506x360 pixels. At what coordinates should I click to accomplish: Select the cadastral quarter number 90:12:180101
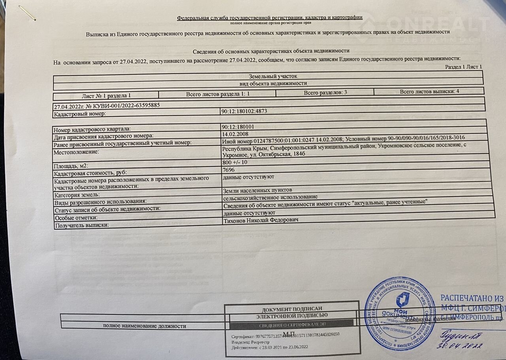pyautogui.click(x=240, y=127)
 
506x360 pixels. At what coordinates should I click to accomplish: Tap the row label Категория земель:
pyautogui.click(x=77, y=195)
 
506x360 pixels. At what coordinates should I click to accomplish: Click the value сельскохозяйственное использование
pyautogui.click(x=270, y=197)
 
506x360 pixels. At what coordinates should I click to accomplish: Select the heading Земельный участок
pyautogui.click(x=270, y=76)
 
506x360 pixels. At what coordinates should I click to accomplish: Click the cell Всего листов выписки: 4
pyautogui.click(x=429, y=91)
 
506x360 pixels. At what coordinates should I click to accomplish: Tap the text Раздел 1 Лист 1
pyautogui.click(x=463, y=67)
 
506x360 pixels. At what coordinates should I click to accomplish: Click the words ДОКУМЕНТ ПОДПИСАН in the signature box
pyautogui.click(x=292, y=309)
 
